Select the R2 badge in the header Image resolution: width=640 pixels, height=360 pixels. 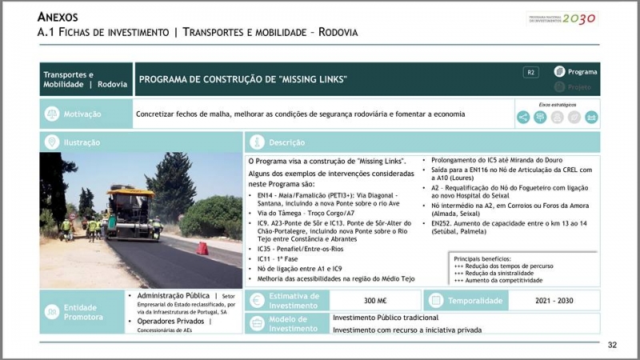click(531, 73)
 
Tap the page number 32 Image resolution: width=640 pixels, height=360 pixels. click(612, 345)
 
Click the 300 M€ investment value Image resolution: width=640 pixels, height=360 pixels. click(375, 301)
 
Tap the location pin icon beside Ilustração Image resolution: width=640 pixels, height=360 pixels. click(52, 142)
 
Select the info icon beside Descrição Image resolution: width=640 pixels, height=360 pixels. click(257, 142)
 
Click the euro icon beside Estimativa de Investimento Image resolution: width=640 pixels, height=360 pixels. click(256, 301)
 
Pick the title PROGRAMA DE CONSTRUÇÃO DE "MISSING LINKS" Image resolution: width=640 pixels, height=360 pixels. click(243, 79)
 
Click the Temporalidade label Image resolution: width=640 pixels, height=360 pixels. click(475, 301)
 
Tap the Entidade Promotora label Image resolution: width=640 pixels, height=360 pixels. click(84, 312)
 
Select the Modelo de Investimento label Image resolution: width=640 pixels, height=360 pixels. click(293, 323)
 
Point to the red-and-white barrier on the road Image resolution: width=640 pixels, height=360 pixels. click(202, 248)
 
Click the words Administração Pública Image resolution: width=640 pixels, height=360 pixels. click(171, 295)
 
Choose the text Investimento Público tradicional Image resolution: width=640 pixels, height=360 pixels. click(387, 318)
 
